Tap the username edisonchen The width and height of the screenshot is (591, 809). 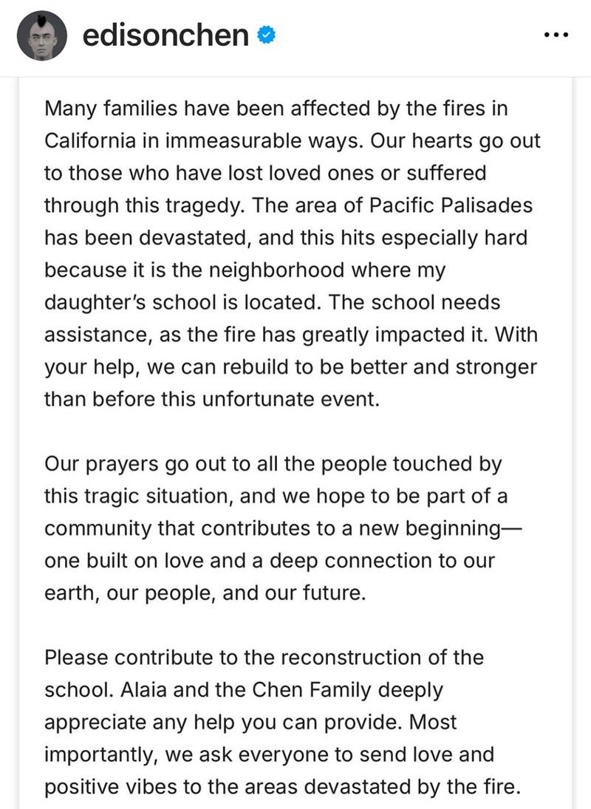(165, 35)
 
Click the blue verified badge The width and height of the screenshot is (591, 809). (267, 35)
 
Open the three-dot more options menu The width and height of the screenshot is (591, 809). (555, 35)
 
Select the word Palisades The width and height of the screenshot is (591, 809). (485, 205)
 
